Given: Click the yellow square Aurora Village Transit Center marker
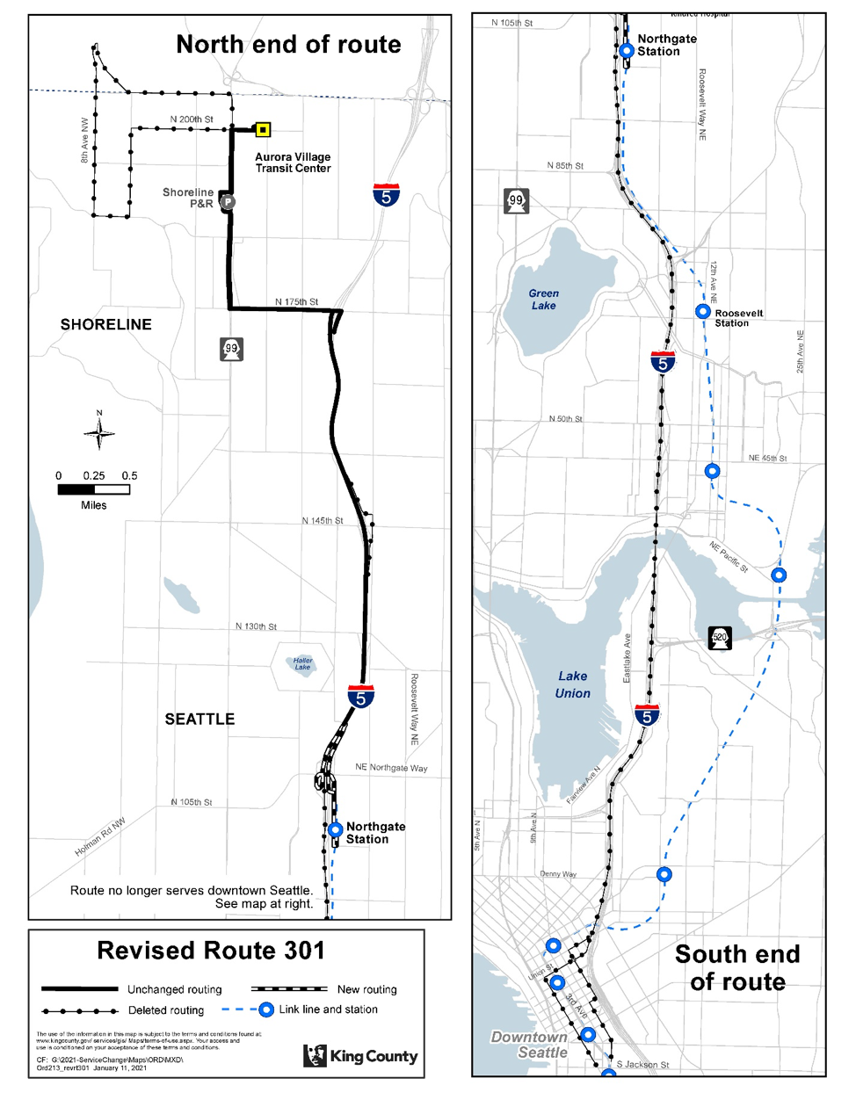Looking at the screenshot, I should [262, 130].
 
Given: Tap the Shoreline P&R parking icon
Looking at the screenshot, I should [227, 202].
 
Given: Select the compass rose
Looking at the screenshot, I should [99, 432].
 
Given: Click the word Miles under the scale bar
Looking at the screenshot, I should [93, 505].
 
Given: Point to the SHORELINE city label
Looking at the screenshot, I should [105, 324].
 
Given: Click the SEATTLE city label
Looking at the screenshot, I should [199, 719].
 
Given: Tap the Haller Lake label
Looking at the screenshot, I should [302, 663].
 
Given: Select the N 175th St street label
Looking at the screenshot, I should [296, 301].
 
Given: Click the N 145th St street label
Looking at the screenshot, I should [323, 521].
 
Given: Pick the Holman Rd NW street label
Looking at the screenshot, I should [100, 836].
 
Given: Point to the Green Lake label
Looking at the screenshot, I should [543, 300].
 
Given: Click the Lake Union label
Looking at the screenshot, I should [572, 684].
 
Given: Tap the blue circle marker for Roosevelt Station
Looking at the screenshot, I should [702, 311].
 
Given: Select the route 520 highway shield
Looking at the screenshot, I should [720, 638].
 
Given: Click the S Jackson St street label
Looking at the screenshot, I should [642, 1064].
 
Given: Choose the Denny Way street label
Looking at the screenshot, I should [558, 874].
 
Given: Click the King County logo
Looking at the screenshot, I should [360, 1055].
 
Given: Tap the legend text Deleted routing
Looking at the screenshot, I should [166, 1010].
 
